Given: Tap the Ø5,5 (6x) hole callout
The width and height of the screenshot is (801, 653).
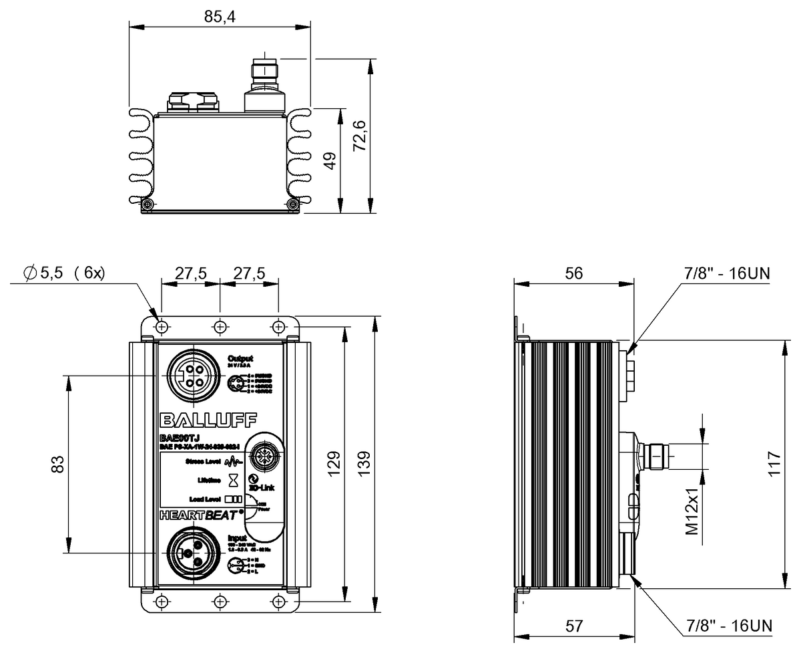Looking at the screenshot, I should tap(64, 273).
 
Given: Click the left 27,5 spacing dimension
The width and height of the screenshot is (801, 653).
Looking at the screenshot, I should tap(190, 273).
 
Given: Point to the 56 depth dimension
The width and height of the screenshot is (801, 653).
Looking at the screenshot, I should tap(573, 273).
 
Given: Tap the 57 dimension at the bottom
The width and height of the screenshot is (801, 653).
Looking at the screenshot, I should tap(573, 626).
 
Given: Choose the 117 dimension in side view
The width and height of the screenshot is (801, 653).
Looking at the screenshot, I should tap(774, 463).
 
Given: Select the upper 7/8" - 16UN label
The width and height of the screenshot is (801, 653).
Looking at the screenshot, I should tap(728, 273).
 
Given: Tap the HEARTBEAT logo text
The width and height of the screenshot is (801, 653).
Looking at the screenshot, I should tap(200, 515).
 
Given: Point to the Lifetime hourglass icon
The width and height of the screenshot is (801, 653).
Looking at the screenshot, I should tap(233, 480).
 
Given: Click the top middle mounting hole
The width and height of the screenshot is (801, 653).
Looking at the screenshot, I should tap(220, 326).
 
